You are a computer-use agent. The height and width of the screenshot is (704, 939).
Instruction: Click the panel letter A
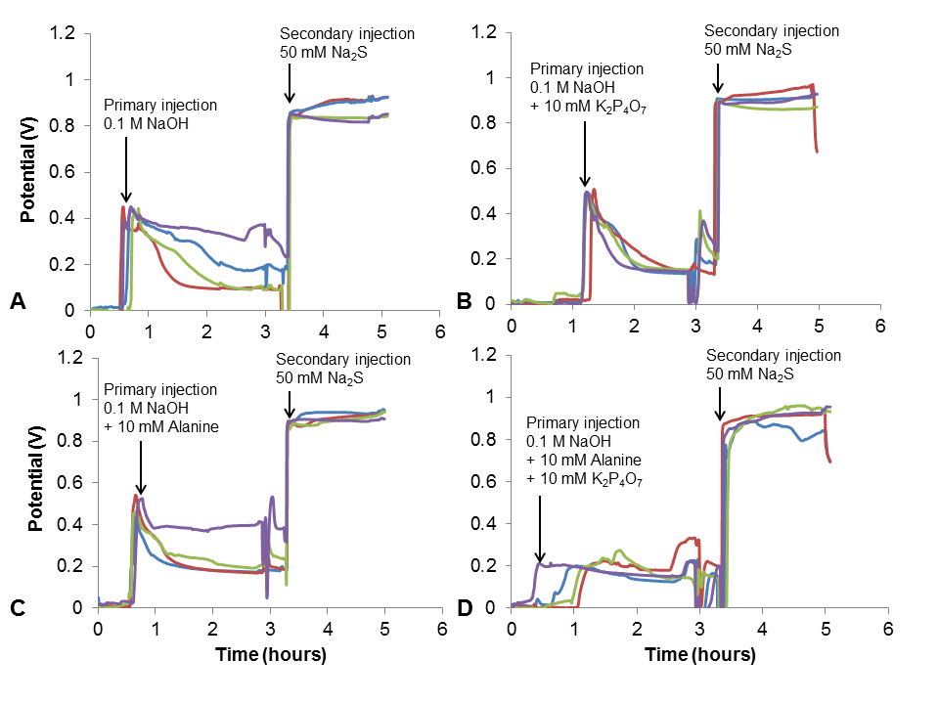(17, 303)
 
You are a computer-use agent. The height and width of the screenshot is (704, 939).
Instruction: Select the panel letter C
(17, 607)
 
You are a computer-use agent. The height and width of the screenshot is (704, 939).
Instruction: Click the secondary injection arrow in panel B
(719, 76)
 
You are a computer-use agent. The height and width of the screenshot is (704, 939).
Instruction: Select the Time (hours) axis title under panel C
(271, 653)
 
